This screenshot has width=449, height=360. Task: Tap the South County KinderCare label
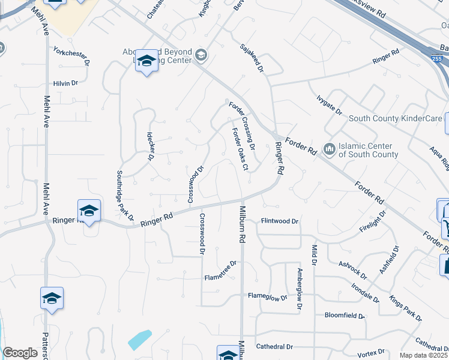click(395, 119)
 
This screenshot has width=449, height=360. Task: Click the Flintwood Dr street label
click(280, 221)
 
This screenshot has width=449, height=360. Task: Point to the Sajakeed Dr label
click(252, 58)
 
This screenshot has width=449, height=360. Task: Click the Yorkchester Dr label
click(71, 56)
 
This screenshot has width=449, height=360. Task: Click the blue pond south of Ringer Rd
click(139, 340)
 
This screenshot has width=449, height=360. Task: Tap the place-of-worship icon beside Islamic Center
click(329, 148)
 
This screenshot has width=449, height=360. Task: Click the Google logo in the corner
click(20, 353)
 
